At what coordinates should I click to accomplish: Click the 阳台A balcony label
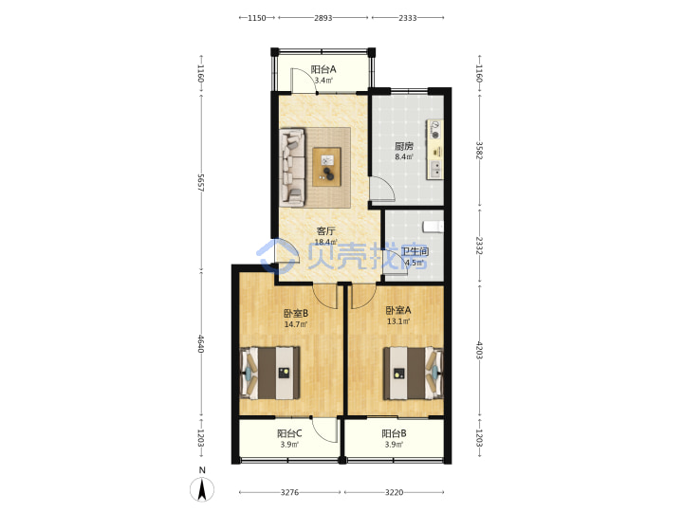tap(323, 69)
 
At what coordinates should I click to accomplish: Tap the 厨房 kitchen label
tap(404, 146)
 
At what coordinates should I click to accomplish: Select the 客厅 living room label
tap(325, 231)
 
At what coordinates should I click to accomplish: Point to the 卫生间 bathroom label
tap(415, 251)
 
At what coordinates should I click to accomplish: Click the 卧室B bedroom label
tap(296, 313)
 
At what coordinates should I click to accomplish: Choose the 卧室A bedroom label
tap(398, 310)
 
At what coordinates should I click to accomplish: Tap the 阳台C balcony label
tap(289, 433)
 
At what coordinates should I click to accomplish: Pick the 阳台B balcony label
tap(394, 433)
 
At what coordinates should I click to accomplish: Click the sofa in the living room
tap(292, 167)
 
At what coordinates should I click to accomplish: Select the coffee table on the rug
tap(326, 167)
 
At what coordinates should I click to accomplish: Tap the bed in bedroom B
tap(269, 373)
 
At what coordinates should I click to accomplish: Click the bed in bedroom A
tap(413, 374)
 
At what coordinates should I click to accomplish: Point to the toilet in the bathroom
tap(433, 227)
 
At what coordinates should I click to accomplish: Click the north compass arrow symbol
tap(202, 489)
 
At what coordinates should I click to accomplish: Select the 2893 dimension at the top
tap(323, 18)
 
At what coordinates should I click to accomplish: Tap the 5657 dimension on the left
tap(201, 183)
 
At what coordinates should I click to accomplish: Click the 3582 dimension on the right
tap(479, 150)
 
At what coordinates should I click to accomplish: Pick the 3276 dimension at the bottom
tap(289, 492)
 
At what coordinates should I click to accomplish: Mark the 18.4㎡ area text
tap(325, 242)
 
